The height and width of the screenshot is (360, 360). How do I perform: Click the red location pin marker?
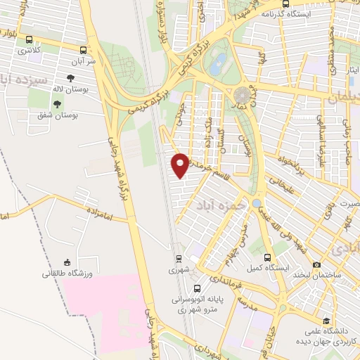pos(181,164)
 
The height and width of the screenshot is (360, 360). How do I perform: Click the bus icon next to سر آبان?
pos(85,50)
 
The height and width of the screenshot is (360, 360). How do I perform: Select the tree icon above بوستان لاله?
pos(71,79)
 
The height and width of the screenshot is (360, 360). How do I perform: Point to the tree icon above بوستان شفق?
pos(58,103)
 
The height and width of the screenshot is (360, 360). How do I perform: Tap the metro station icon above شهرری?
pos(178,258)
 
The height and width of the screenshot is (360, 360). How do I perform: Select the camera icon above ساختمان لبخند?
pos(317,264)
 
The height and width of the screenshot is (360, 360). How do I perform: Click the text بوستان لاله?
pos(70,89)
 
